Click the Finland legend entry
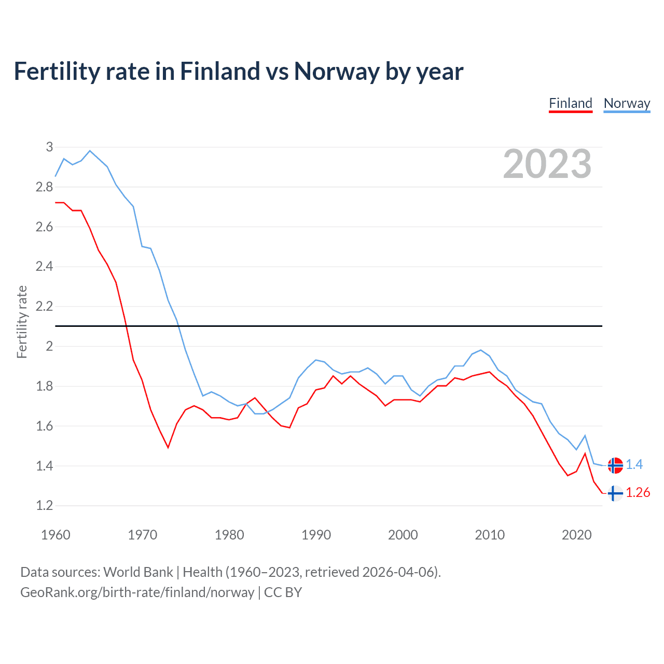tap(571, 103)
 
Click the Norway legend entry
tap(627, 103)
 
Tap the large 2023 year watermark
tap(547, 164)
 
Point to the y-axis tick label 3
tap(49, 147)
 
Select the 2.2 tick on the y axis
tap(44, 306)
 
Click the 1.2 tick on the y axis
tap(44, 505)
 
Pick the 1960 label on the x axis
tap(56, 535)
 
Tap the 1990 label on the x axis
tap(316, 535)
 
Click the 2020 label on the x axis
tap(576, 535)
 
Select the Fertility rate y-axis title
tap(22, 322)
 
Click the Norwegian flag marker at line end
tap(615, 465)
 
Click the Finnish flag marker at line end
tap(615, 493)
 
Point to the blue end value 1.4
tap(634, 464)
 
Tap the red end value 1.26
tap(638, 492)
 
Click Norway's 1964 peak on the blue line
tap(90, 150)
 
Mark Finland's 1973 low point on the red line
tap(168, 447)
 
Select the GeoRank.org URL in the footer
tap(137, 592)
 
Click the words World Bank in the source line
tap(138, 572)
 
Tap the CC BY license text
tap(283, 592)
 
